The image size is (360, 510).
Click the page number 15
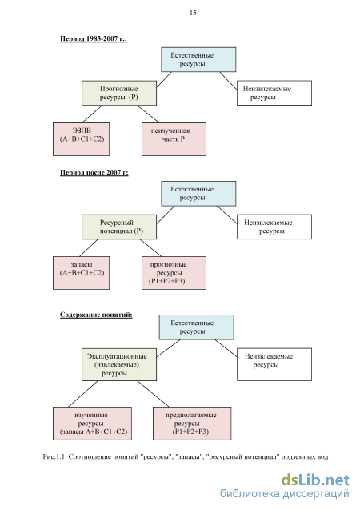(193, 13)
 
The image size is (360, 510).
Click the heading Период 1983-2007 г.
(94, 38)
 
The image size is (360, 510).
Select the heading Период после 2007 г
(94, 172)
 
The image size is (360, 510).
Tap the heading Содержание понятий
(96, 315)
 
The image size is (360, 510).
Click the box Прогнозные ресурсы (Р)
(119, 93)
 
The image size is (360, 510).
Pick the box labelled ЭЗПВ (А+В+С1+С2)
(82, 139)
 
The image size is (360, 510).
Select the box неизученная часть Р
(174, 139)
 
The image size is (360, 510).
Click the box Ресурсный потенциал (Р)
(119, 227)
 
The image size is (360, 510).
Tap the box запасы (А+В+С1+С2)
(82, 273)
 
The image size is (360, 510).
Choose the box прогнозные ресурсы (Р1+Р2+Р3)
(174, 273)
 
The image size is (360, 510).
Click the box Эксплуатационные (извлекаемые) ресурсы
(119, 364)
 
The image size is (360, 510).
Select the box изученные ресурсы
(92, 424)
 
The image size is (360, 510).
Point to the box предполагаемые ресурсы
(192, 424)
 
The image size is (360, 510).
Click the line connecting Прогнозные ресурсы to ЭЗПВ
(92, 114)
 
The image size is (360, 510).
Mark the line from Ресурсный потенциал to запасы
(88, 248)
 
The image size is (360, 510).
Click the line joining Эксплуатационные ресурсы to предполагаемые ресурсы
(153, 394)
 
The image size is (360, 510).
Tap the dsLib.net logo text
(315, 480)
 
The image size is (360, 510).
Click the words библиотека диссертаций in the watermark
(285, 493)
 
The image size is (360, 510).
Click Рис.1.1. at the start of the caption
(54, 457)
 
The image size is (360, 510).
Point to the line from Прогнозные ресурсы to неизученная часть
(148, 114)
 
